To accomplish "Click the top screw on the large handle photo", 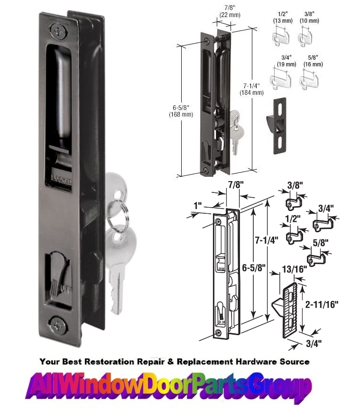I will click(58, 31).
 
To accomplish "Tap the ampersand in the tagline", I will click(171, 362).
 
